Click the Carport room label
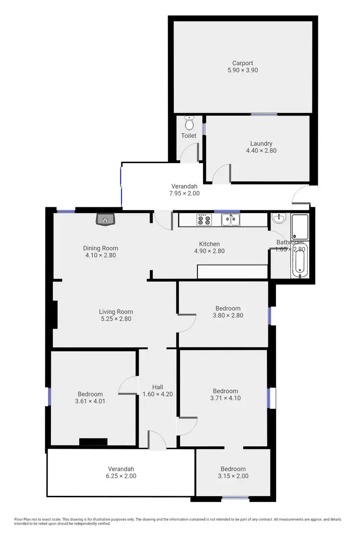[x=242, y=63]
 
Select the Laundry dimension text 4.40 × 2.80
[x=261, y=150]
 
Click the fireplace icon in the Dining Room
[x=105, y=220]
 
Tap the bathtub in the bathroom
[x=300, y=261]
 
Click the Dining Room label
[x=100, y=248]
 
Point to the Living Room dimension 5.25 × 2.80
[x=116, y=318]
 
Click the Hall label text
[x=157, y=387]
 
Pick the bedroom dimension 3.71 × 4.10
[x=225, y=398]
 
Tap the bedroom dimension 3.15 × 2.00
[x=233, y=476]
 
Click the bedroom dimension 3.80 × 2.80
[x=228, y=315]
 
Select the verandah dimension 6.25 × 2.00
[x=120, y=476]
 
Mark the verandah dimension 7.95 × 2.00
[x=185, y=193]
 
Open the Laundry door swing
[x=222, y=173]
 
